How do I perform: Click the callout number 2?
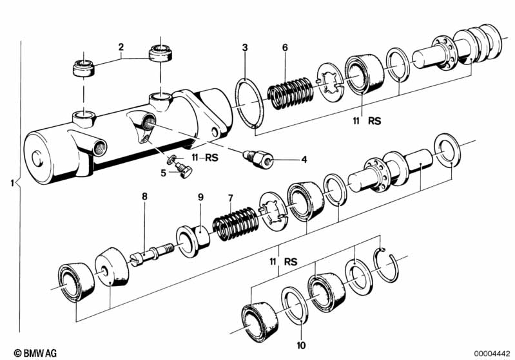click(120, 46)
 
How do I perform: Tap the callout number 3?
click(245, 47)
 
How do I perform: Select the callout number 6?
click(284, 47)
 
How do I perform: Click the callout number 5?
click(164, 172)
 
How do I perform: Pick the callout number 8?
click(144, 196)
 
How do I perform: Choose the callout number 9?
click(200, 197)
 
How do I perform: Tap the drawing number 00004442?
click(492, 352)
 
